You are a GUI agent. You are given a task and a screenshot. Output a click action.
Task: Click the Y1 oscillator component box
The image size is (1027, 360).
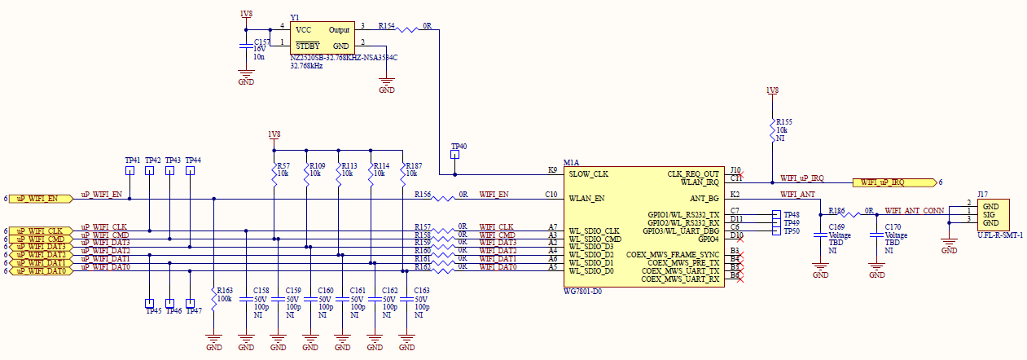(x=322, y=37)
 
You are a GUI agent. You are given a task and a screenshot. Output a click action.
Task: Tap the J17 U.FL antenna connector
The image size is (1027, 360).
(x=992, y=214)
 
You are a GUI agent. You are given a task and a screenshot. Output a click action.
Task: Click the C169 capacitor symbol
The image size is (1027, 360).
(x=820, y=237)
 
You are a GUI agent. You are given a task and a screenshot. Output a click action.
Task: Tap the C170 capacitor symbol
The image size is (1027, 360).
(x=876, y=237)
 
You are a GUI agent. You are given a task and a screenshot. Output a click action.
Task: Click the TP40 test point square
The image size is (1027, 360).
(x=455, y=156)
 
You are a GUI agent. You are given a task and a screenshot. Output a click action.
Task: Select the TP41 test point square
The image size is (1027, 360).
(x=129, y=172)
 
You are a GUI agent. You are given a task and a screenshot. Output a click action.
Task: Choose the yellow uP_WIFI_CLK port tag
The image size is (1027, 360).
(x=40, y=230)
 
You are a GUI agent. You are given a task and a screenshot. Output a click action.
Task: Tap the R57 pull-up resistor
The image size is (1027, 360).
(x=274, y=176)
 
